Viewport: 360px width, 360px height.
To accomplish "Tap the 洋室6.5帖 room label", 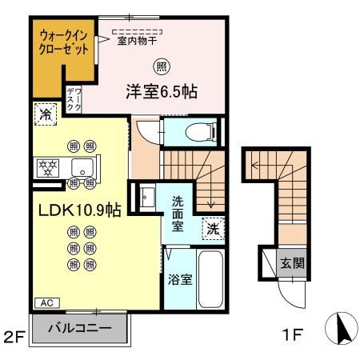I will coord(162,90).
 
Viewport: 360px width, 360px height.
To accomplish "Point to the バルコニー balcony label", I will coord(78,326).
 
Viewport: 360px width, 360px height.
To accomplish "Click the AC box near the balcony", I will coord(46,303).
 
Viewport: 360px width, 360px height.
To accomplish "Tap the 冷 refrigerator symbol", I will coord(46,114).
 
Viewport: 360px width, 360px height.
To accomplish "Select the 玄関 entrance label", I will coord(290,262).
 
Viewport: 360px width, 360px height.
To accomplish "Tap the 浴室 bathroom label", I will coord(180,279).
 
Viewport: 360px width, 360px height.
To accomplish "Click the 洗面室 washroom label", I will coord(178,214).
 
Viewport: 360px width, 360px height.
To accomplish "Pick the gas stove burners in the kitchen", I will coord(49,167).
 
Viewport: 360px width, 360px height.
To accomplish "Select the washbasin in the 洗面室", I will coord(149,196).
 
